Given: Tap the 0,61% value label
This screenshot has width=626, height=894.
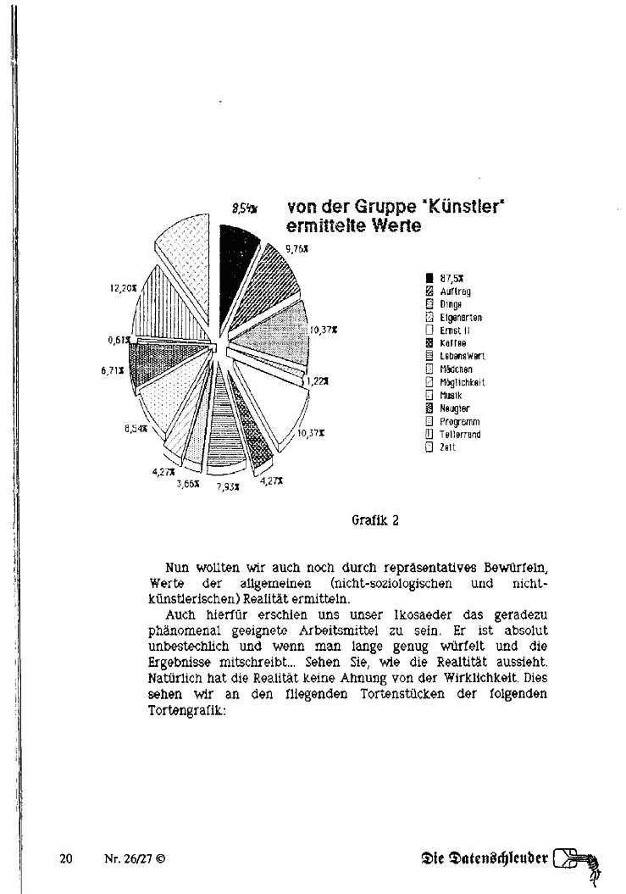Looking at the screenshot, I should point(119,340).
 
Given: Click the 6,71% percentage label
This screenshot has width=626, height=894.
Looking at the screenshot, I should point(113,370).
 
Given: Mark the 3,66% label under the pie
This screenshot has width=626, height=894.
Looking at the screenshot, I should point(188,483).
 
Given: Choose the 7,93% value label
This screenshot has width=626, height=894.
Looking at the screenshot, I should point(227,487).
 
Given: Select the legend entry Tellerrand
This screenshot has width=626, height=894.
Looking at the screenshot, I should point(460,435).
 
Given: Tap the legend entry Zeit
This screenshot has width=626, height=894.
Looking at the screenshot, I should point(448,447).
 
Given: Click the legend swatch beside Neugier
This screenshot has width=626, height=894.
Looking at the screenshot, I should point(429,408).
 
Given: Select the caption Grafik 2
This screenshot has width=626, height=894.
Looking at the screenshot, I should point(374,520).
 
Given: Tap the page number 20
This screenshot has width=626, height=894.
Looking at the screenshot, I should point(66,858).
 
